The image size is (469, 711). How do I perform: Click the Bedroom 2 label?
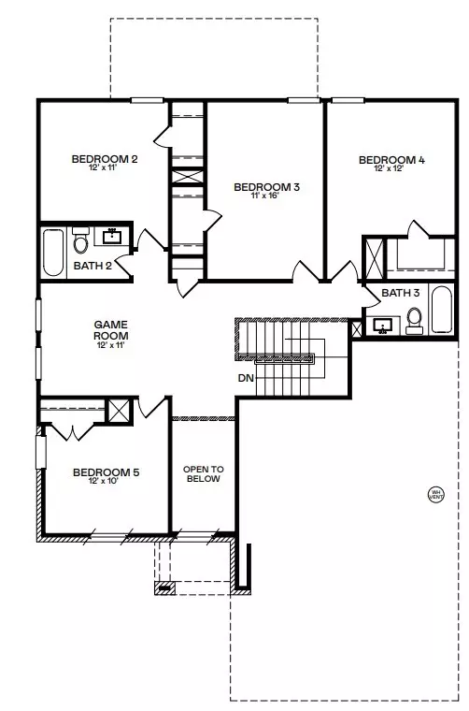tap(105, 159)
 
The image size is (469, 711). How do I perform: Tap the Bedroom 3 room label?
tap(266, 188)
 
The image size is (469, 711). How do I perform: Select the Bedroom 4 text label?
tap(391, 160)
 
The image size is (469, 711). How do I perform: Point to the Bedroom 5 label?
tap(106, 472)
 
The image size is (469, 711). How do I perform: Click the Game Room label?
tap(110, 329)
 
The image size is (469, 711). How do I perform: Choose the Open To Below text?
tap(203, 472)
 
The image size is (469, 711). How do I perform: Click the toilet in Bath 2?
tap(80, 242)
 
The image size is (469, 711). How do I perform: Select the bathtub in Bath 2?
tap(52, 250)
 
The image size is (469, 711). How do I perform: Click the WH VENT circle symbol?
tap(435, 494)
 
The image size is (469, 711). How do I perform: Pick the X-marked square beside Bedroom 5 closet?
tap(119, 411)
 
